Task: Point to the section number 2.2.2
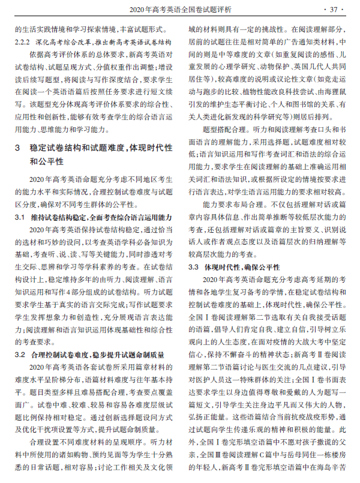[23, 43]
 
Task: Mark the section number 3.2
[20, 353]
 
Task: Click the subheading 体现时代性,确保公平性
[242, 266]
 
